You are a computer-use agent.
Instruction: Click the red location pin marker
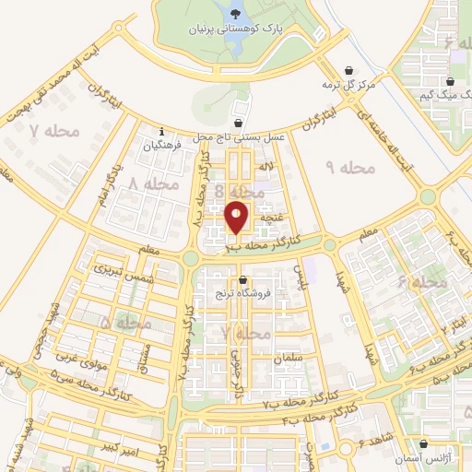(237, 218)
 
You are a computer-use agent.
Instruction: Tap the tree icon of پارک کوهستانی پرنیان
(239, 13)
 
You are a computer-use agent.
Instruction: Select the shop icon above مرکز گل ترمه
(349, 70)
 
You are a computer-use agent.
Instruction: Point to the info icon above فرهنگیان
(162, 130)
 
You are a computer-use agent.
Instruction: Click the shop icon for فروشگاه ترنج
(242, 279)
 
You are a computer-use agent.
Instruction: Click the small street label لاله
(267, 166)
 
